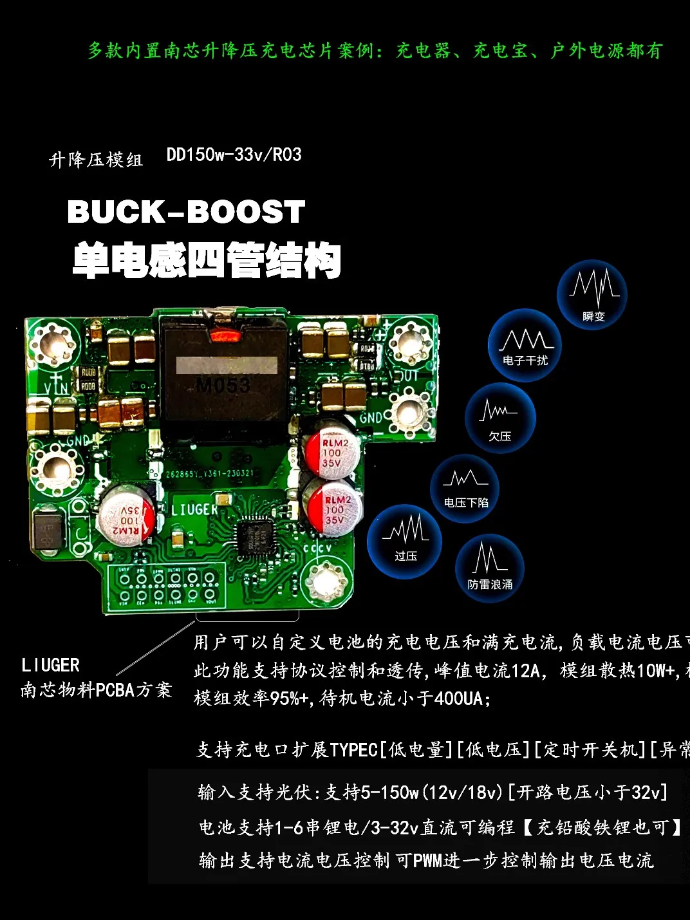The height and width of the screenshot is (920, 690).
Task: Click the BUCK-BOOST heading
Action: [186, 212]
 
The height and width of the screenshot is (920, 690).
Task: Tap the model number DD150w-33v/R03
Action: [234, 155]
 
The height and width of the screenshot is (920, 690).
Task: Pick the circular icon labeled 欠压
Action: [500, 419]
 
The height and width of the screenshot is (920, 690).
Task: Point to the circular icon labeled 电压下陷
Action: [465, 487]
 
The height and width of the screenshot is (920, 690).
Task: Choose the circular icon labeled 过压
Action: [405, 541]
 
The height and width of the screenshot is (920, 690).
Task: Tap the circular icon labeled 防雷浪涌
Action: [490, 568]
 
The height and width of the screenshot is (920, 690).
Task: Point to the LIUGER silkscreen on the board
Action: [194, 510]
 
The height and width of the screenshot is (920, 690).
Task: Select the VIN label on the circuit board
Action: [57, 388]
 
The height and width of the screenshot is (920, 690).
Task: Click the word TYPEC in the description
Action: [353, 750]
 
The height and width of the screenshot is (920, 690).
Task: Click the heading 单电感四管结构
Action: [207, 260]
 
